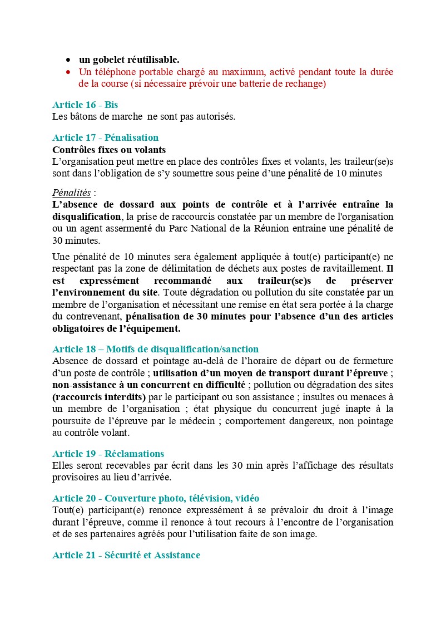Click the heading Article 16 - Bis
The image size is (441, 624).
point(85,105)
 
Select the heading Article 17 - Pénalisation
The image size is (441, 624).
point(105,137)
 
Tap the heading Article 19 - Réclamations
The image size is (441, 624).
point(108,454)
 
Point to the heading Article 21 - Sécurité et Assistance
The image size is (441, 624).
point(126,555)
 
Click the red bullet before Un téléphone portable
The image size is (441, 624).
point(68,72)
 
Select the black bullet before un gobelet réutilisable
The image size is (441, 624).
point(68,60)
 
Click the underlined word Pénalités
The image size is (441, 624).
point(71,193)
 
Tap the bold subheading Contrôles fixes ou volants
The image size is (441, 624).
point(109,150)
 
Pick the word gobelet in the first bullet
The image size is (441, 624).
point(108,60)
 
